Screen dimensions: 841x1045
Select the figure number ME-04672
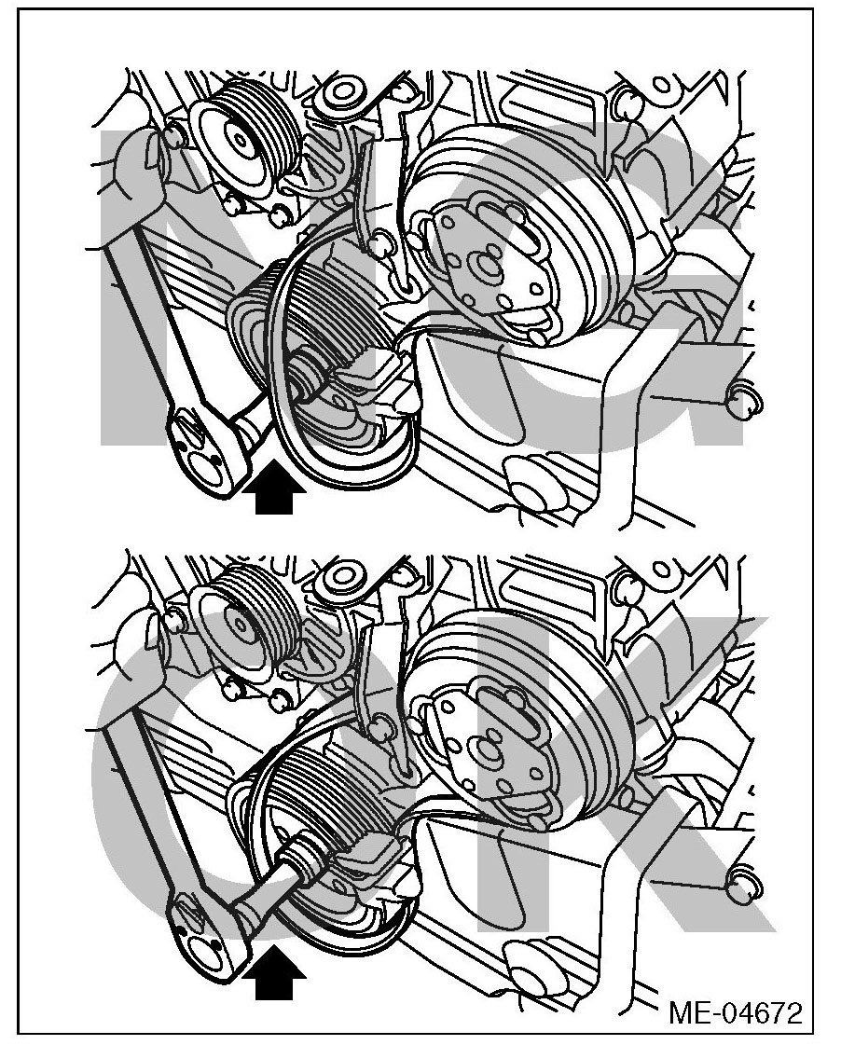pos(736,1013)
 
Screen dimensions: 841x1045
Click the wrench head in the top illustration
pos(201,455)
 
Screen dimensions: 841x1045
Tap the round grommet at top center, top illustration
pos(342,94)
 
